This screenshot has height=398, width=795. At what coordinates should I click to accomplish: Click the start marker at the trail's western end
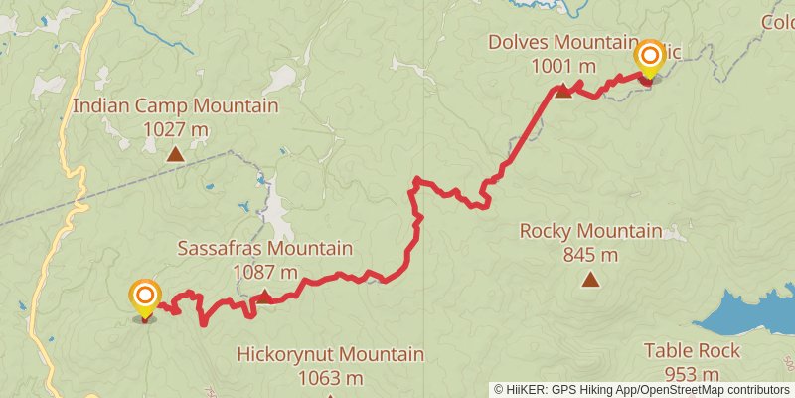pyautogui.click(x=145, y=297)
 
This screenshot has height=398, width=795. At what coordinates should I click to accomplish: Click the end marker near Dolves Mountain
pyautogui.click(x=649, y=56)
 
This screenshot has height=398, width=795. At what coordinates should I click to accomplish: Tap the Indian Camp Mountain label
pyautogui.click(x=175, y=106)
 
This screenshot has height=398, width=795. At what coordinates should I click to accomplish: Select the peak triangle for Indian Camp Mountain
pyautogui.click(x=175, y=154)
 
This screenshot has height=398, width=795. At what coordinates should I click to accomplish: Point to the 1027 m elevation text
pyautogui.click(x=175, y=129)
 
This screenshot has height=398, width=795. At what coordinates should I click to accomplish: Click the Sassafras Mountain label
pyautogui.click(x=264, y=248)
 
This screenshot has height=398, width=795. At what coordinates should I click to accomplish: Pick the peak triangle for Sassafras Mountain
pyautogui.click(x=265, y=295)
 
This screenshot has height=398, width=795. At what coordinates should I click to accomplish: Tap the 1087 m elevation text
pyautogui.click(x=264, y=271)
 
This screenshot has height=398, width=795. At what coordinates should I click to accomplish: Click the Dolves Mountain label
pyautogui.click(x=561, y=43)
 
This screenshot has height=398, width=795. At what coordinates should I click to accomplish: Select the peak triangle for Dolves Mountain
pyautogui.click(x=562, y=92)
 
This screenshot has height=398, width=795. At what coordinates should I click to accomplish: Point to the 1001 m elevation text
pyautogui.click(x=563, y=66)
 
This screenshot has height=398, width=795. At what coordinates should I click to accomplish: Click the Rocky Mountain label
pyautogui.click(x=590, y=231)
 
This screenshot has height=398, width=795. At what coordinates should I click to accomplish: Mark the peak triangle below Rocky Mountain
pyautogui.click(x=590, y=280)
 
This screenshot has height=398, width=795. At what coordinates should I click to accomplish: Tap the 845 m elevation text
pyautogui.click(x=590, y=255)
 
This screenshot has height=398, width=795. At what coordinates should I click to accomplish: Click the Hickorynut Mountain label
pyautogui.click(x=330, y=354)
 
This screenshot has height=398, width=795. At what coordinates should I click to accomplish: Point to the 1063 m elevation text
pyautogui.click(x=330, y=378)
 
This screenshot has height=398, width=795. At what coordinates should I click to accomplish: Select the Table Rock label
pyautogui.click(x=692, y=350)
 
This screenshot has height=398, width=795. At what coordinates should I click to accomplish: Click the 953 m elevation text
pyautogui.click(x=692, y=374)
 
